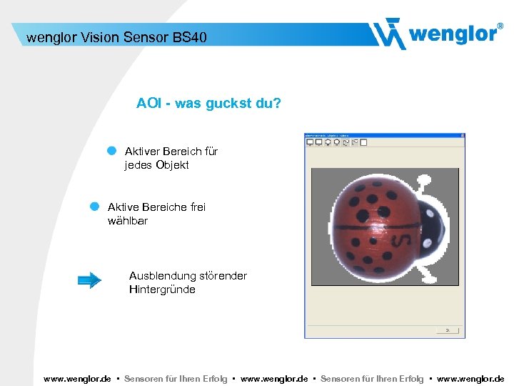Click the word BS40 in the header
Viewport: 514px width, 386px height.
[x=189, y=36]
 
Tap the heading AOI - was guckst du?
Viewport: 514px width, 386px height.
[x=208, y=104]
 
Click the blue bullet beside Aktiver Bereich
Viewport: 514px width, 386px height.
[x=111, y=151]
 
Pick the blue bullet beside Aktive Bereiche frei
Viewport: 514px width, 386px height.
[x=94, y=206]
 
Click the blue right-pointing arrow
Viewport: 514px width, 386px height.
[x=89, y=280]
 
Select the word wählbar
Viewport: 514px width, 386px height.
[x=128, y=221]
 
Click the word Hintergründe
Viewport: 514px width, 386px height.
[x=162, y=289]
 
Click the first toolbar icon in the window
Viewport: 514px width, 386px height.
[x=310, y=142]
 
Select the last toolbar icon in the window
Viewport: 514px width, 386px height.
[x=363, y=142]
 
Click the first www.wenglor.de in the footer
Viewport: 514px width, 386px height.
[x=77, y=379]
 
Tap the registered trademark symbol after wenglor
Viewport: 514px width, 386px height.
[x=500, y=25]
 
